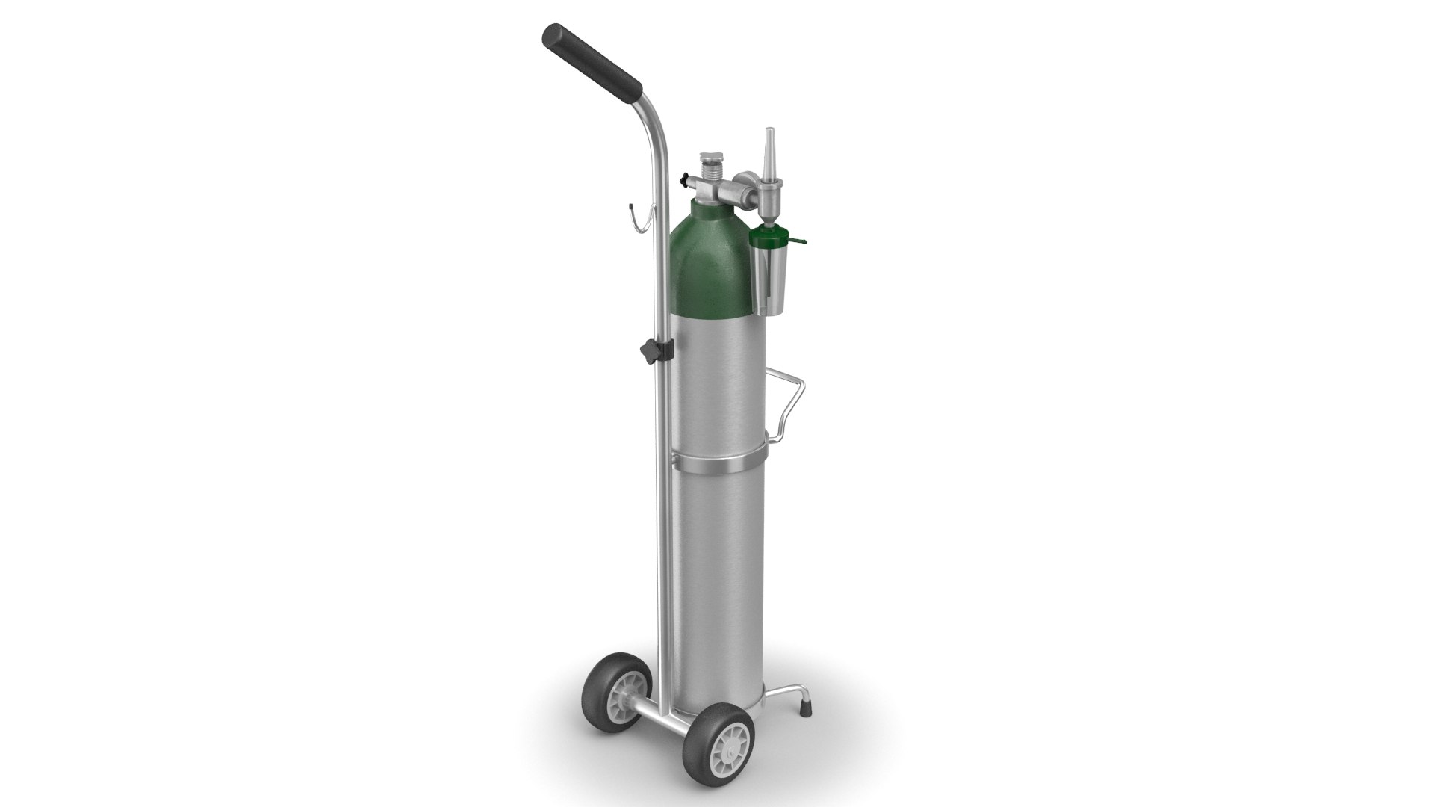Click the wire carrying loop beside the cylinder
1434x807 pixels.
click(792, 407)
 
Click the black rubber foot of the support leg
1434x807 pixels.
click(806, 702)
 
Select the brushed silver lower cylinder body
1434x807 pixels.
click(717, 568)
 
